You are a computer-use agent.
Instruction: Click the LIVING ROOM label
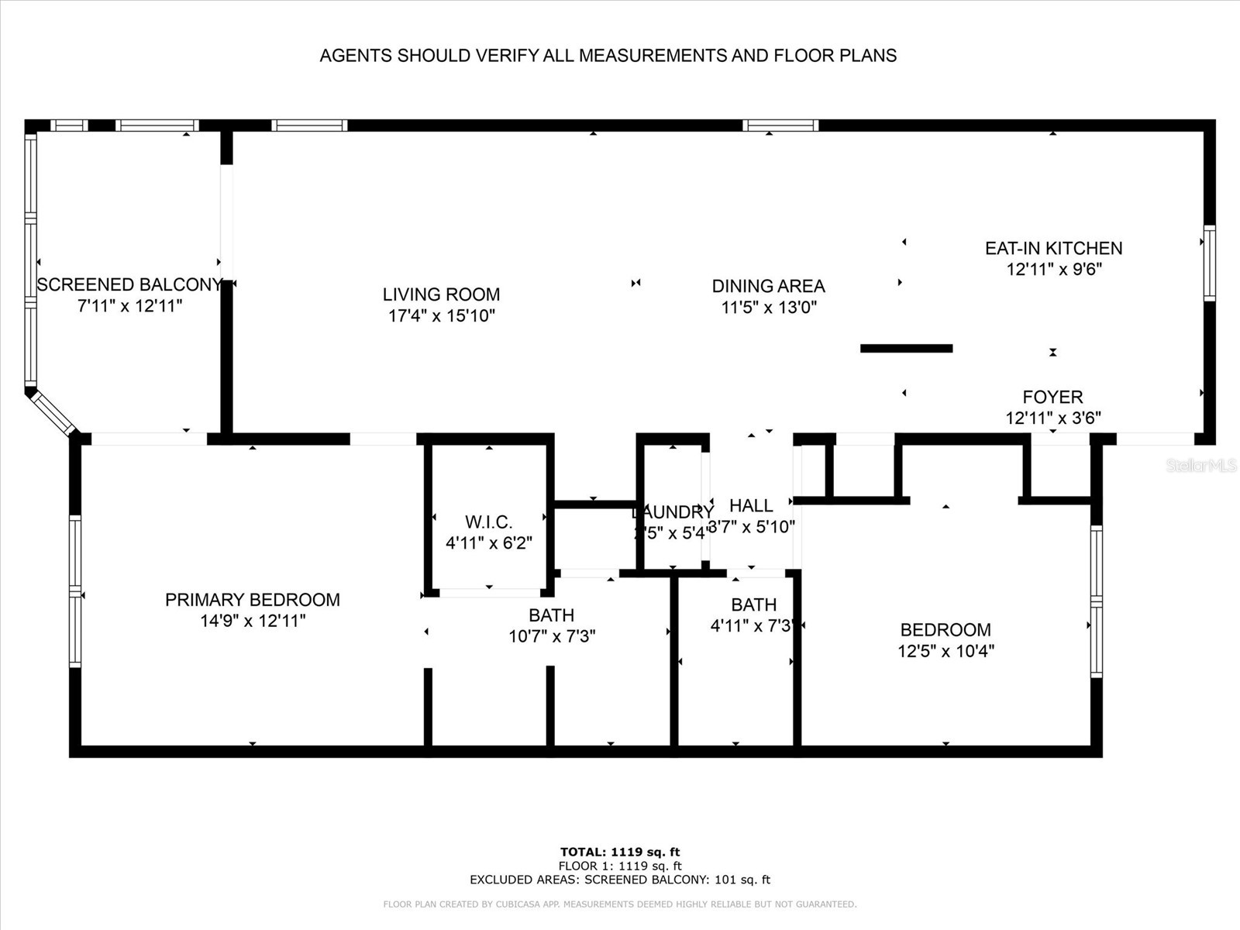coord(441,294)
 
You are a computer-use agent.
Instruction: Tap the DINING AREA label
coord(768,286)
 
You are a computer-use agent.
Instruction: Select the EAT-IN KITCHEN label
coord(1053,248)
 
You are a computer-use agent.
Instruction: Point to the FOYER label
coord(1052,397)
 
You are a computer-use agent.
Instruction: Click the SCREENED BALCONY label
coord(129,284)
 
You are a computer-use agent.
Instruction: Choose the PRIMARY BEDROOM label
coord(252,599)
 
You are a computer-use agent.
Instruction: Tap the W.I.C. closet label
coord(488,522)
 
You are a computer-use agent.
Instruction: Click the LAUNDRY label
coord(671,512)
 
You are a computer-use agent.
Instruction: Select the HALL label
coord(750,505)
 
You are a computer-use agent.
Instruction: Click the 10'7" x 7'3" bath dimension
coord(552,636)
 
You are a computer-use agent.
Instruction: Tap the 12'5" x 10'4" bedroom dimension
coord(945,651)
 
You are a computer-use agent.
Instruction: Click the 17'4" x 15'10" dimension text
coord(441,315)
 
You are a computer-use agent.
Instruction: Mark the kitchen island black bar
coord(906,349)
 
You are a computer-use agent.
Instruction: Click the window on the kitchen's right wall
coord(1209,262)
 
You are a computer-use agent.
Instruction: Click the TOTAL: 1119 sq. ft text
coord(620,852)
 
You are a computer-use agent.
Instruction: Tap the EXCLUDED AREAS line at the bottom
coord(620,880)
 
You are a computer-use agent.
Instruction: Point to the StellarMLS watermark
coord(1200,466)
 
